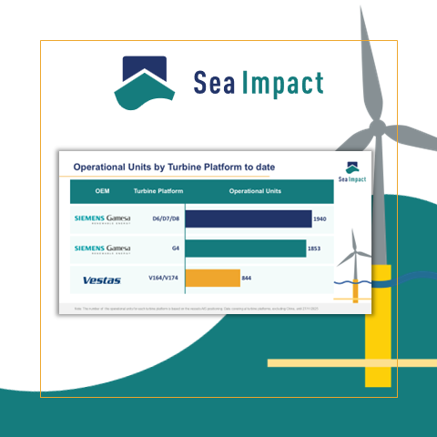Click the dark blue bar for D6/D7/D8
249,218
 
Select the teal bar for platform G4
246,249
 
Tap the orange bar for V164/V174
213,279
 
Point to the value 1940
320,219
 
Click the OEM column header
101,191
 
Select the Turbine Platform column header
158,191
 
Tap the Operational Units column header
255,191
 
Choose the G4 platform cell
171,249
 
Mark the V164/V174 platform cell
162,279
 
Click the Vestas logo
101,279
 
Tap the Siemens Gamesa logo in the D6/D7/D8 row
102,219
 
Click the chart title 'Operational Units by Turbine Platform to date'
173,167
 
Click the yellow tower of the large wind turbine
378,328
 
